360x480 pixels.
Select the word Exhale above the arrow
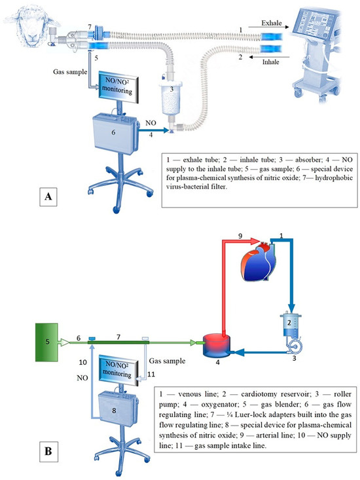tap(271, 23)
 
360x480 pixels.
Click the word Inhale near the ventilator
tap(271, 62)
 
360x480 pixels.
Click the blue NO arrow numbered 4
tap(154, 130)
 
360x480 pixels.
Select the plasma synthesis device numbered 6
tap(115, 134)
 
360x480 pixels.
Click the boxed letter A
tap(48, 196)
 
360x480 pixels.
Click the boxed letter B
tap(48, 451)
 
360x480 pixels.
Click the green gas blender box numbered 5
tap(46, 342)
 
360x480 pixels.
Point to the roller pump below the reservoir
tap(295, 347)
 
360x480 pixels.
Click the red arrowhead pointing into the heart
tap(255, 241)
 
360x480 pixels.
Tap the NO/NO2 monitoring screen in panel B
tap(118, 369)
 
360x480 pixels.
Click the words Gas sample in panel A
tap(70, 72)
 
